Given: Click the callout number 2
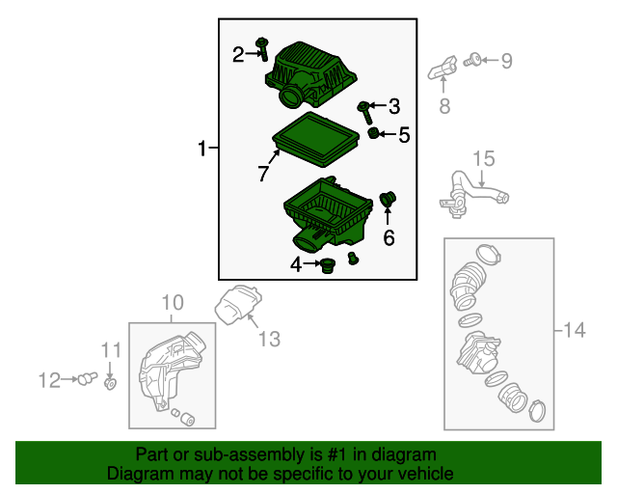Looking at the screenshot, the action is tap(238, 54).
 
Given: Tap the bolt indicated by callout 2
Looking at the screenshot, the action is tap(262, 49).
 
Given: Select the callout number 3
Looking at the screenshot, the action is tap(394, 106).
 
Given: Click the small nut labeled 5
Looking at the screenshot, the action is tap(373, 133).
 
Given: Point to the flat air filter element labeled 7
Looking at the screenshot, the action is tap(315, 139).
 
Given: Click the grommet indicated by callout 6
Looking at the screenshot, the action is tap(388, 200).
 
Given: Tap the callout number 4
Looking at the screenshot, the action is tap(296, 264).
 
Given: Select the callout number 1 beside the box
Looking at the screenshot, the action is tap(201, 149).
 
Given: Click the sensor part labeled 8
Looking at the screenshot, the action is tap(443, 69).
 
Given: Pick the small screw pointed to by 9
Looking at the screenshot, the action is tap(472, 60).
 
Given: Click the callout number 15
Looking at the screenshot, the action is tap(484, 158).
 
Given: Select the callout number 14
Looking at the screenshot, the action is tap(575, 330).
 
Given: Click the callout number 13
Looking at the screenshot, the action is tap(270, 339).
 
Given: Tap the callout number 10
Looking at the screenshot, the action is tap(173, 303).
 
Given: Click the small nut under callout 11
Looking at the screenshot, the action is tap(110, 383).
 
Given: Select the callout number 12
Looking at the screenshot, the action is tap(49, 380).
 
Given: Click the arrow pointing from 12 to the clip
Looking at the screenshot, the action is tap(70, 379).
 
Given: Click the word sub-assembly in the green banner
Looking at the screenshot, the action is tap(250, 455).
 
